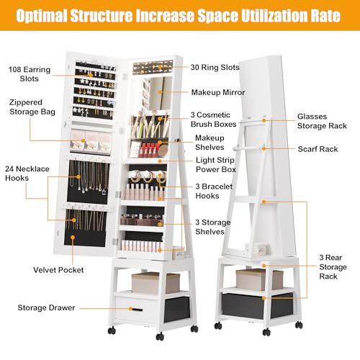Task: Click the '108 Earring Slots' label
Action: pyautogui.click(x=30, y=74)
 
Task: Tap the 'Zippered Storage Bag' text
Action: pyautogui.click(x=32, y=107)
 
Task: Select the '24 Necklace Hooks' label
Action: pyautogui.click(x=27, y=174)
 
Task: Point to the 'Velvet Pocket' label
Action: pyautogui.click(x=58, y=270)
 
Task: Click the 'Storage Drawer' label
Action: pyautogui.click(x=46, y=307)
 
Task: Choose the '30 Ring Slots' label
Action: pyautogui.click(x=215, y=68)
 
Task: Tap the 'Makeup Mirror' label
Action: pyautogui.click(x=218, y=92)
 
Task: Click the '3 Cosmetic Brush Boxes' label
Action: pyautogui.click(x=213, y=120)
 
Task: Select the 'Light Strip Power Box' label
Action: pyautogui.click(x=216, y=165)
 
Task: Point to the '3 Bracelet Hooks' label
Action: pyautogui.click(x=214, y=191)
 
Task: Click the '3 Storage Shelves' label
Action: pyautogui.click(x=213, y=227)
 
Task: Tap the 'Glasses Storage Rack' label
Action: pyautogui.click(x=322, y=121)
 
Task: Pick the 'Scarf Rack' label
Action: pyautogui.click(x=318, y=149)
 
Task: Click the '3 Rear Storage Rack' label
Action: pyautogui.click(x=333, y=267)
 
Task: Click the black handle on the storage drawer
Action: pyautogui.click(x=136, y=310)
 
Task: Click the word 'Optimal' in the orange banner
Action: pyautogui.click(x=42, y=16)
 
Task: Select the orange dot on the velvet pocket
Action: pyautogui.click(x=73, y=238)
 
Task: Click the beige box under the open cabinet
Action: pyautogui.click(x=156, y=283)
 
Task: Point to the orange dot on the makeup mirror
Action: pyautogui.click(x=160, y=91)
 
